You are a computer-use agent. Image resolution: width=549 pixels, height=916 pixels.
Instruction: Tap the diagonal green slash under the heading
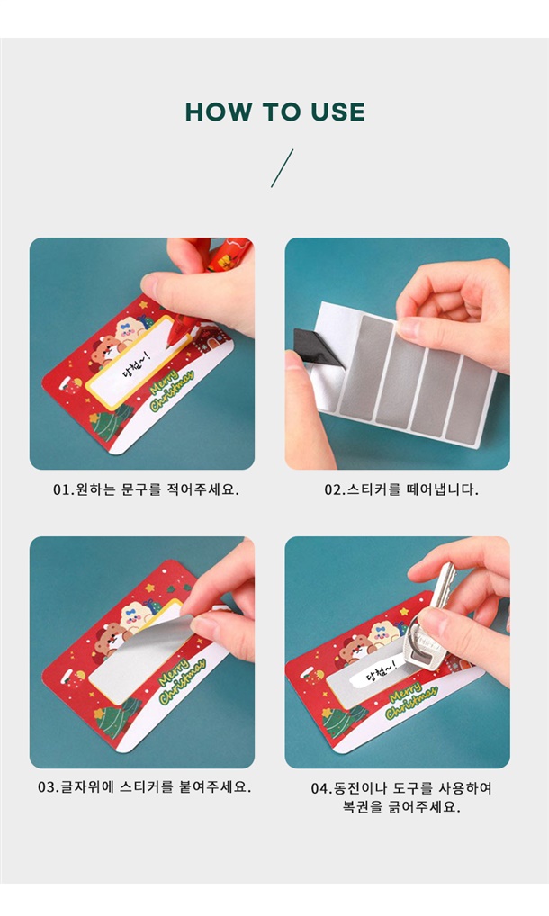pyautogui.click(x=282, y=168)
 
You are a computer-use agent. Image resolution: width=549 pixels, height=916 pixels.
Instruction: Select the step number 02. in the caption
pyautogui.click(x=335, y=489)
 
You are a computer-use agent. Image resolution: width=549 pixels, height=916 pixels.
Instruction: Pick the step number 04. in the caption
pyautogui.click(x=321, y=788)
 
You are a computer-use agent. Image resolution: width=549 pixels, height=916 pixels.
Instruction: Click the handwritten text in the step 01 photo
pyautogui.click(x=136, y=365)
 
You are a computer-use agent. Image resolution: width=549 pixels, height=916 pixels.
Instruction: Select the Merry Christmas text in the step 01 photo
pyautogui.click(x=172, y=389)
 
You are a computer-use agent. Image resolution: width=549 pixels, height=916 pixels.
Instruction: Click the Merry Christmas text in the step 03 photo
pyautogui.click(x=182, y=680)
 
